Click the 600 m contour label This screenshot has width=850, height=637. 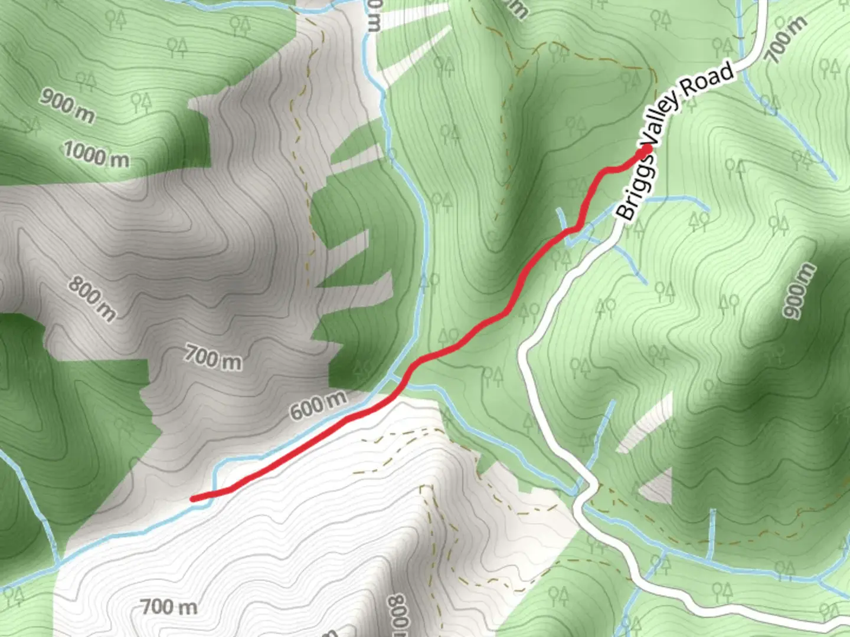coord(318,405)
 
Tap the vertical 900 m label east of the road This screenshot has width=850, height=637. coord(798,291)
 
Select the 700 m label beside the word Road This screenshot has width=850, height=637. coord(786,40)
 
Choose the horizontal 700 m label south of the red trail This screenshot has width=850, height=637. coord(169,606)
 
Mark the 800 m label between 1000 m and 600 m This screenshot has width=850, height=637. coord(92,298)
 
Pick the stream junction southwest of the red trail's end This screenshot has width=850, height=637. coord(59,562)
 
